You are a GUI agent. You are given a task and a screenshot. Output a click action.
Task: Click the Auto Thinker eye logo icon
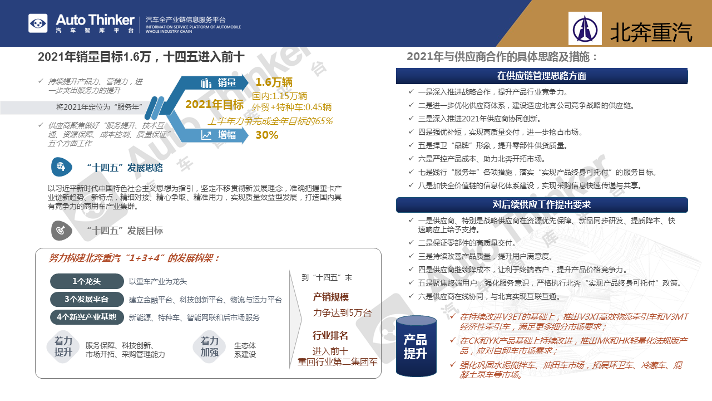click(38, 23)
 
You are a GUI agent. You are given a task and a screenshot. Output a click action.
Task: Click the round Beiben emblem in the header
click(585, 29)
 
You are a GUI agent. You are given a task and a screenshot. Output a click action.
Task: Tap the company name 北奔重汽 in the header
click(651, 32)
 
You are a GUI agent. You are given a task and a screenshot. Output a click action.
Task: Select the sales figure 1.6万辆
click(274, 82)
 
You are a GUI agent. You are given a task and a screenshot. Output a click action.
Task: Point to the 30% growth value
click(267, 135)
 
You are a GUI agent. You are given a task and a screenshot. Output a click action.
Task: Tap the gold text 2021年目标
click(215, 104)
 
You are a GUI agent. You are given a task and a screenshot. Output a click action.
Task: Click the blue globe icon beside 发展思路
click(61, 167)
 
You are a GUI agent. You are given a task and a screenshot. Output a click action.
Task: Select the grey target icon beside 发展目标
click(61, 231)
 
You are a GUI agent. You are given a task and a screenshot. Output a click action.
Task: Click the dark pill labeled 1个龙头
click(87, 281)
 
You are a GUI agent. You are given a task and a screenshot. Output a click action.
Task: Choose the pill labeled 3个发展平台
click(87, 299)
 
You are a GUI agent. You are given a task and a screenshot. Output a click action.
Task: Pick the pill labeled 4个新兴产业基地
click(87, 317)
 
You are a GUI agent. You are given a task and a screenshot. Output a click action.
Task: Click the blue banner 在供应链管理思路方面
click(542, 76)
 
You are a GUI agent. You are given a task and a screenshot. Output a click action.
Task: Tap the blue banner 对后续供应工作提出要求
click(542, 204)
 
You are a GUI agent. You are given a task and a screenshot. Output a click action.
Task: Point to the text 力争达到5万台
click(342, 313)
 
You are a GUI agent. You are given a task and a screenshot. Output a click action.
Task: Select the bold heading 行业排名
click(330, 335)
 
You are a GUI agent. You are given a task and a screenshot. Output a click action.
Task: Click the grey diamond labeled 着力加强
click(210, 346)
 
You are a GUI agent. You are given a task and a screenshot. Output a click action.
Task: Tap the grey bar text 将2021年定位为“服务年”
click(99, 107)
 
